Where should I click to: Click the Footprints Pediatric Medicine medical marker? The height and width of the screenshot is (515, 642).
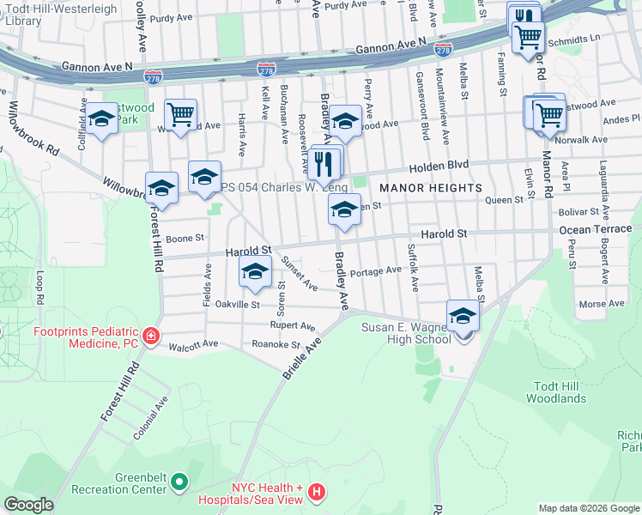click(x=151, y=336)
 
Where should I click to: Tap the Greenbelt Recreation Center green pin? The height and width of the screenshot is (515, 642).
click(x=179, y=482)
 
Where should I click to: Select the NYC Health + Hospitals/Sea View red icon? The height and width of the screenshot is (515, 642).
click(x=317, y=492)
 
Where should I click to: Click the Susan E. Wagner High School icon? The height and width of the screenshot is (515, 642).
click(x=463, y=317)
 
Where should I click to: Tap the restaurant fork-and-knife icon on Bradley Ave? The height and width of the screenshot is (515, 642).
click(x=324, y=161)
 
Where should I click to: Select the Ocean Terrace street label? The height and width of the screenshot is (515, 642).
click(x=595, y=230)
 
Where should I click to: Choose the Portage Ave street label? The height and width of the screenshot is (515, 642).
click(x=376, y=270)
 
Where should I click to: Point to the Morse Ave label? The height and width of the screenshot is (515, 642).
click(x=601, y=304)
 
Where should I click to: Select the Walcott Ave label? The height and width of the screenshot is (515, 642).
click(x=193, y=344)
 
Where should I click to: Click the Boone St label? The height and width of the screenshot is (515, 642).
click(x=186, y=238)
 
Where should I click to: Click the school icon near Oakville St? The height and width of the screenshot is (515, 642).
click(x=254, y=273)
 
